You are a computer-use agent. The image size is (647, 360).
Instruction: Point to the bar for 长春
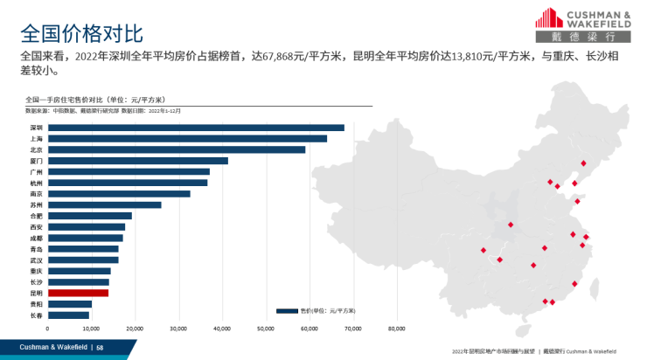68,315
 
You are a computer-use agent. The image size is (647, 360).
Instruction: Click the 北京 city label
36,149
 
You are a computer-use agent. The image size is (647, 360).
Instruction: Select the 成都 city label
36,238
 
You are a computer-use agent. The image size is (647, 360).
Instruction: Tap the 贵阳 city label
36,304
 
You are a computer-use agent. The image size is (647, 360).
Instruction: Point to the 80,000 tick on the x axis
396,329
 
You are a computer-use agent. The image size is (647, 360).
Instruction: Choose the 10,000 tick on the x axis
91,329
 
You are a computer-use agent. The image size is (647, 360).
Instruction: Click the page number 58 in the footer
100,348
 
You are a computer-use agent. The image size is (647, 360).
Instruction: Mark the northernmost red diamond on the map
583,163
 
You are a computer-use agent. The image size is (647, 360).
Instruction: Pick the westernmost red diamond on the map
483,251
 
